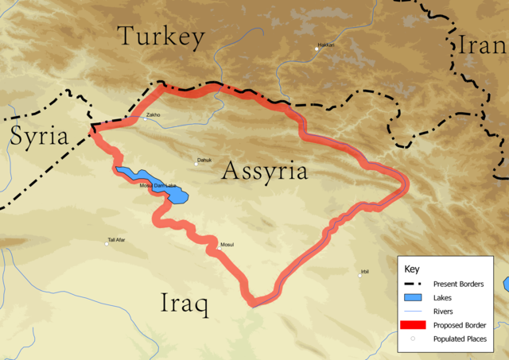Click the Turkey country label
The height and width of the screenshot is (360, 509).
click(161, 37)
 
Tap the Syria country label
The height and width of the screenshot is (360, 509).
click(39, 137)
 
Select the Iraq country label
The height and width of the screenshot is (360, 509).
click(184, 304)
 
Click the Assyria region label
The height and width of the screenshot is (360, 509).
click(264, 171)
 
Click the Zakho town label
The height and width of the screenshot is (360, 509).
click(153, 115)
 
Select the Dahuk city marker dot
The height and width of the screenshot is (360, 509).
click(196, 165)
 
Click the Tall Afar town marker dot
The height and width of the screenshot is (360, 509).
click(107, 243)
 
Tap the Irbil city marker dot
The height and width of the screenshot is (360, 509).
click(359, 276)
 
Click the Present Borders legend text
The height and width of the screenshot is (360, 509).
click(458, 284)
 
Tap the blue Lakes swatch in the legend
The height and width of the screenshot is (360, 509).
click(412, 297)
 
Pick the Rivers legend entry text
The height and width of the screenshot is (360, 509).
click(443, 311)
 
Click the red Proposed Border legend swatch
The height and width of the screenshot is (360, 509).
click(412, 324)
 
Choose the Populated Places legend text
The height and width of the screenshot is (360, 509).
click(460, 339)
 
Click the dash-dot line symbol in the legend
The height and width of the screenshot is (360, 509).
click(412, 284)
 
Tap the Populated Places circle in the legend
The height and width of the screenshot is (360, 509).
click(412, 339)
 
